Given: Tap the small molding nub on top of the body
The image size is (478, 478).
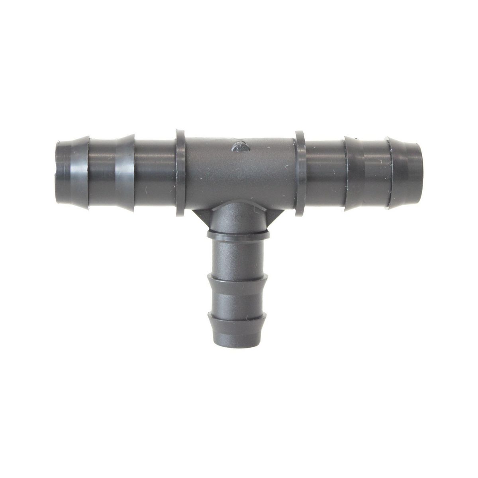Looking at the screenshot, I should pos(240,146).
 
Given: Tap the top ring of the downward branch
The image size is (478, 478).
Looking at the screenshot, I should pos(238,235).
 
